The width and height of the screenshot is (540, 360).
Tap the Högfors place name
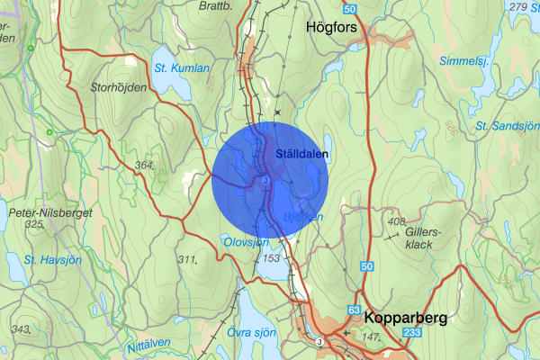pyautogui.click(x=333, y=27)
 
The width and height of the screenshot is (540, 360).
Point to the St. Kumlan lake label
pyautogui.click(x=181, y=67)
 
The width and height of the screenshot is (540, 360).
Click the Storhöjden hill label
pyautogui.click(x=119, y=87)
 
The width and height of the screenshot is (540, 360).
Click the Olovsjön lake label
pyautogui.click(x=245, y=241)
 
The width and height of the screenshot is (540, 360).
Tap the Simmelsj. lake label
pyautogui.click(x=463, y=61)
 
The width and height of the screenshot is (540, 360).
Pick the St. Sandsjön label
pyautogui.click(x=508, y=125)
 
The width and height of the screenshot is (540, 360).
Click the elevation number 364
pyautogui.click(x=144, y=166)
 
